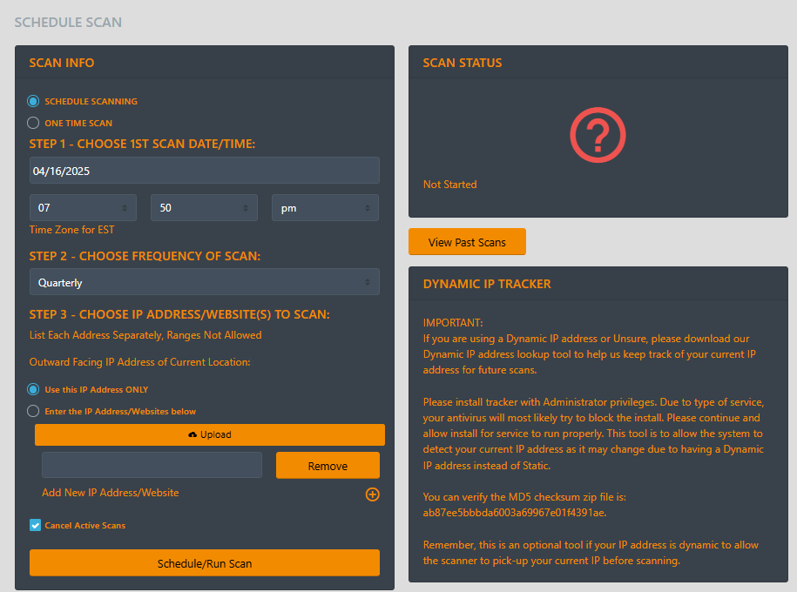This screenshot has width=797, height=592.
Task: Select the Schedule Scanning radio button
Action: (33, 101)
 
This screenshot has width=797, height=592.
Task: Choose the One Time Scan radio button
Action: (33, 123)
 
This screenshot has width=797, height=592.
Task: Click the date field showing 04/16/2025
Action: (205, 171)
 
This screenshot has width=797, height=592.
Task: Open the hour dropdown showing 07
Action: (83, 207)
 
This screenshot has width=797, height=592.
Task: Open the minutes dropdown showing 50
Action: (205, 207)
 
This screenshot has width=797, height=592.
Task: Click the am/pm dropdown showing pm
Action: (325, 207)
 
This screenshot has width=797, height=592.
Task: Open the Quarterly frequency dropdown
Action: (205, 282)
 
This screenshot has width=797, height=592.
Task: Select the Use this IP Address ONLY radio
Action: (33, 389)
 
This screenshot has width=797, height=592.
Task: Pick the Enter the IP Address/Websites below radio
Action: (33, 411)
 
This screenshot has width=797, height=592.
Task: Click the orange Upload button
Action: (209, 434)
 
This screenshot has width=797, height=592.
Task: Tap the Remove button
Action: (328, 466)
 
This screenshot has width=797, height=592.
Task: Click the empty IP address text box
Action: (152, 465)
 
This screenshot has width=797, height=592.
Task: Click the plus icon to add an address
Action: (373, 494)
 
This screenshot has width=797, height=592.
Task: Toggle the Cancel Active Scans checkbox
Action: (35, 525)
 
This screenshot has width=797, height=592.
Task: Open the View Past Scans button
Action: (467, 242)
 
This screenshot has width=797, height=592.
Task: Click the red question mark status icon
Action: (598, 135)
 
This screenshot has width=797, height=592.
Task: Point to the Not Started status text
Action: (449, 185)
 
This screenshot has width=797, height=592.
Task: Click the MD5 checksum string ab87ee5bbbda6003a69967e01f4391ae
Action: (515, 513)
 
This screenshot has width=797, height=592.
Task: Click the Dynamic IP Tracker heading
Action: (487, 284)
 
